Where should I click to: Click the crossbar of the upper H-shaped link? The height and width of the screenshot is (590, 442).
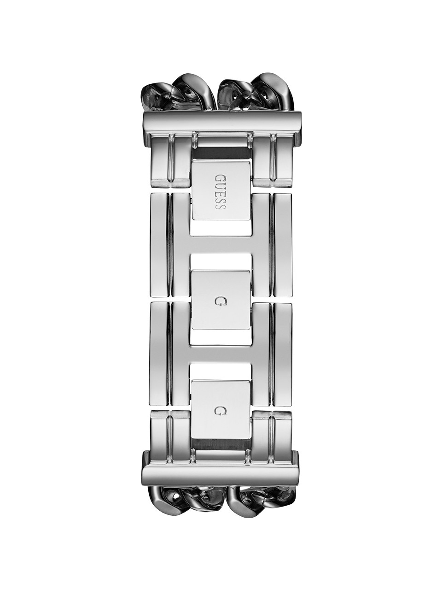point(221,245)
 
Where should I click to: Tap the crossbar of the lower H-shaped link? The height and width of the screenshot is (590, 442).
point(221,355)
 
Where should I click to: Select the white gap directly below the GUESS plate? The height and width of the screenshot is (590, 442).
point(221,227)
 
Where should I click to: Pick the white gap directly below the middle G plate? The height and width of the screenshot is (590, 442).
point(221,337)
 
